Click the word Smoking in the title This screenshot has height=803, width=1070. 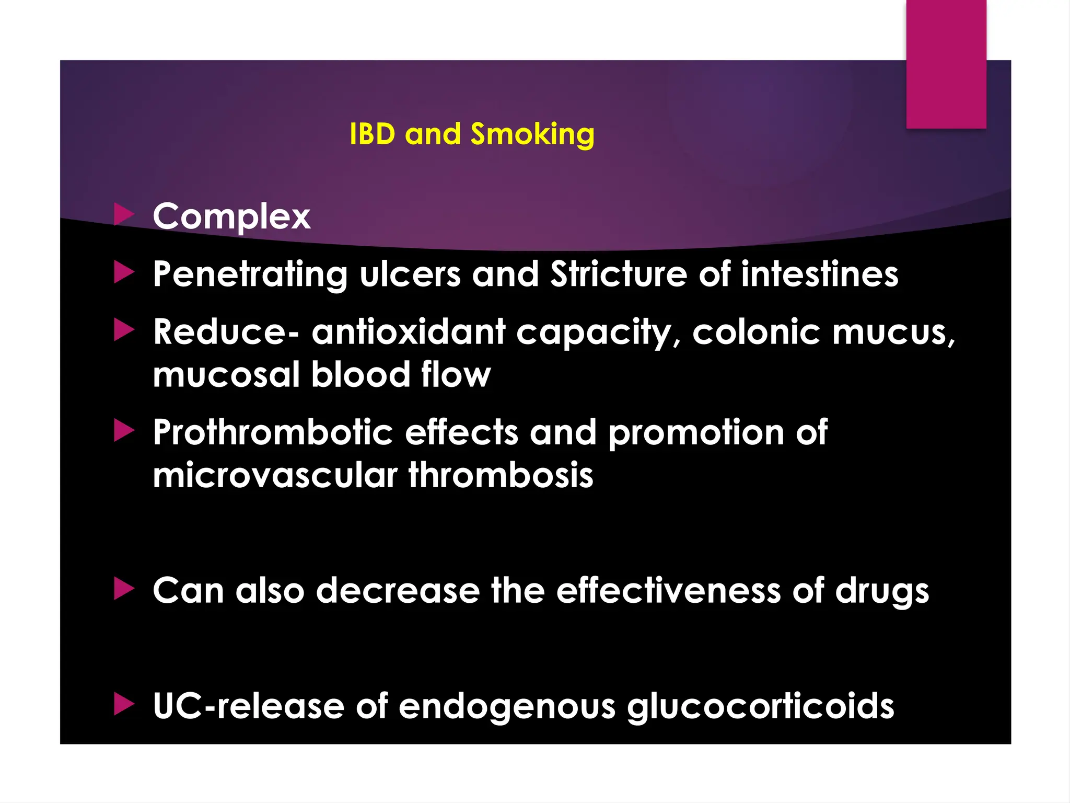click(x=532, y=134)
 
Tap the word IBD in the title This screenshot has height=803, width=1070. click(x=373, y=134)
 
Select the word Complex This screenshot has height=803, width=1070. click(x=231, y=216)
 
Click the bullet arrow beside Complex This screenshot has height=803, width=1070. click(x=124, y=214)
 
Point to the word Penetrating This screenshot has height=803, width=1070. click(x=250, y=274)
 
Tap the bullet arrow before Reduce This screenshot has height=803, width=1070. click(x=124, y=330)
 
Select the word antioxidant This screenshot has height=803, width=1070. click(x=409, y=332)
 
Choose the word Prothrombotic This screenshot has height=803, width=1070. click(x=273, y=433)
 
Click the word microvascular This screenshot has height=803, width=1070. click(x=275, y=475)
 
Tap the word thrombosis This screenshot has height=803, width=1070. click(x=501, y=475)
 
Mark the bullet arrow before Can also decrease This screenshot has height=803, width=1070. click(x=124, y=589)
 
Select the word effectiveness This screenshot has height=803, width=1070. click(x=668, y=591)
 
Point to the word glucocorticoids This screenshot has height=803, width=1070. click(x=761, y=707)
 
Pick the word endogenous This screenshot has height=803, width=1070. click(x=507, y=707)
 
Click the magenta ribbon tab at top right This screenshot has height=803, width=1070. click(x=946, y=64)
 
